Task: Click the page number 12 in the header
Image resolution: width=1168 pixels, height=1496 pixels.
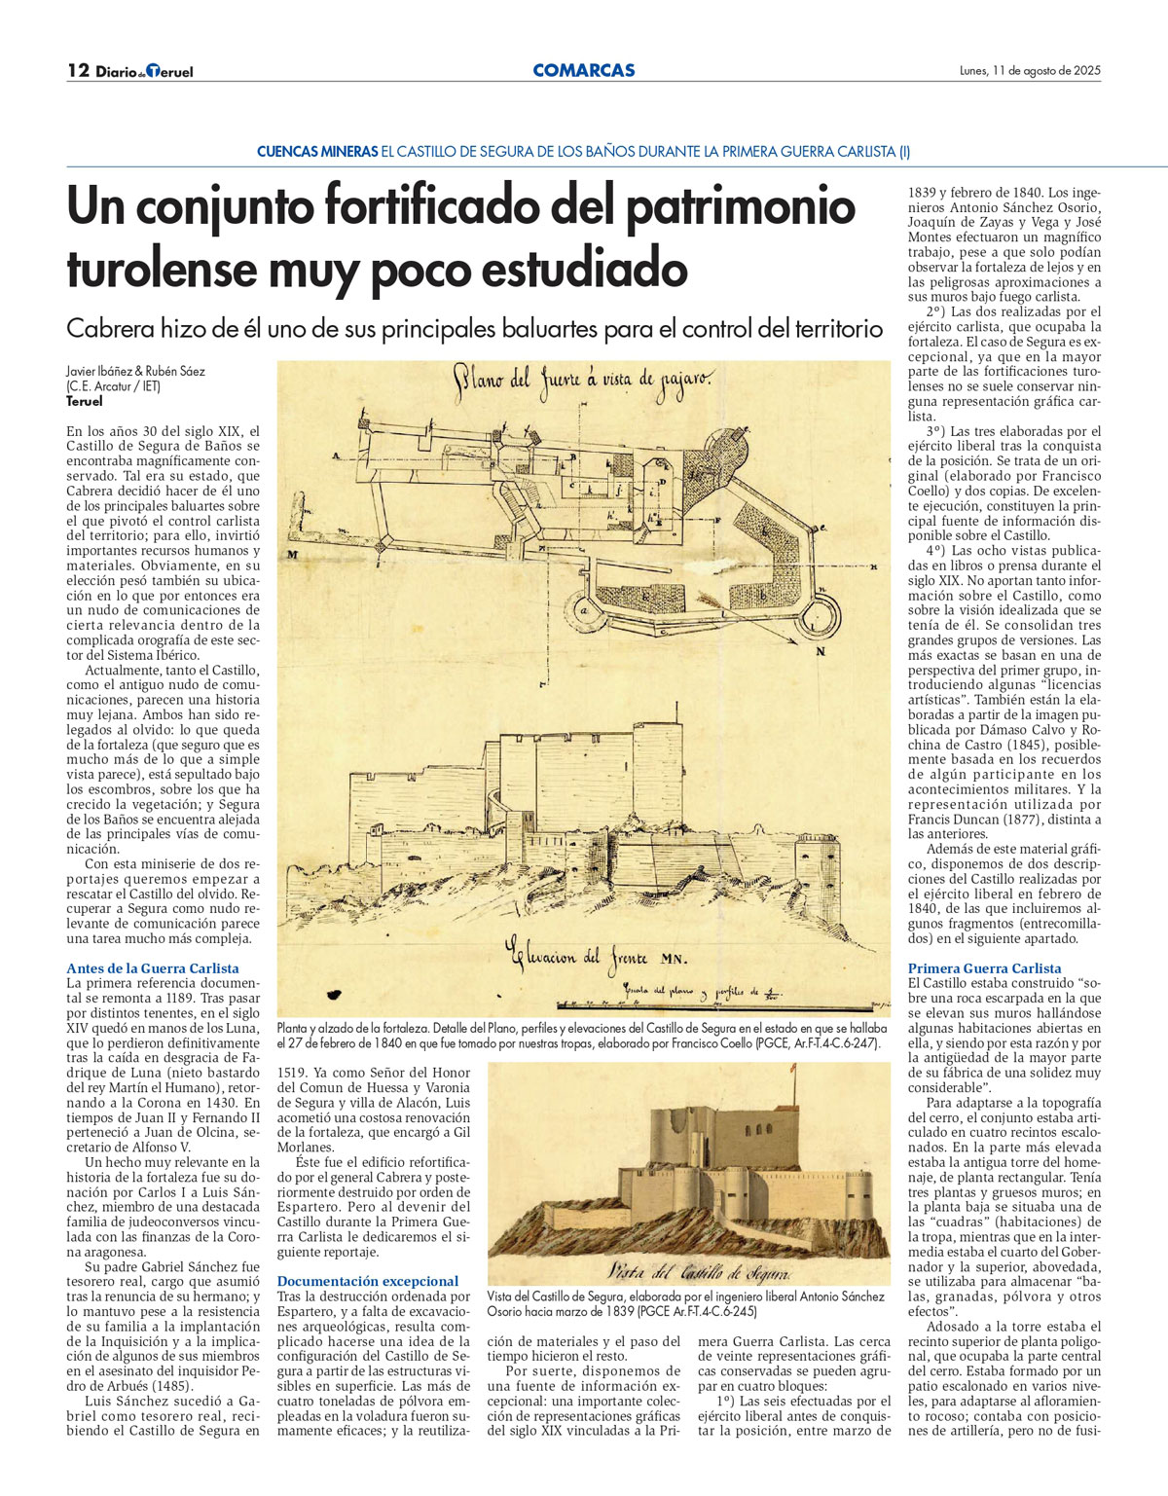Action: coord(78,70)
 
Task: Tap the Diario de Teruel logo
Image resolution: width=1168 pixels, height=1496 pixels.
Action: coord(144,71)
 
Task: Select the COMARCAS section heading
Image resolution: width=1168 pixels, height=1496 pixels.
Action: coord(584,70)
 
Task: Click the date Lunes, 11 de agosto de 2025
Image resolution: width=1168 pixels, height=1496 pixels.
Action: coord(1030,70)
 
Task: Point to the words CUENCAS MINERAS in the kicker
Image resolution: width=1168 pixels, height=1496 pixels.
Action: coord(317,152)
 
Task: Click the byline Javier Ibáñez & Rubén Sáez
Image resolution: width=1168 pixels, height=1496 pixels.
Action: coord(135,371)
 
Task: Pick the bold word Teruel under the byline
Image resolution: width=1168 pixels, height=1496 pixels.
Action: coord(85,401)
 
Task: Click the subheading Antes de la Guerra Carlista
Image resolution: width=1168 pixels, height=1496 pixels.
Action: coord(153,968)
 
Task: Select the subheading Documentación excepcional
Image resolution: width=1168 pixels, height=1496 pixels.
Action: coord(368,1281)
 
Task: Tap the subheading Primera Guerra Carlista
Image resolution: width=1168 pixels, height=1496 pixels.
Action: coord(985,968)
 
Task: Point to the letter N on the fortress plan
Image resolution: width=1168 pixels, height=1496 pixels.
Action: coord(821,651)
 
